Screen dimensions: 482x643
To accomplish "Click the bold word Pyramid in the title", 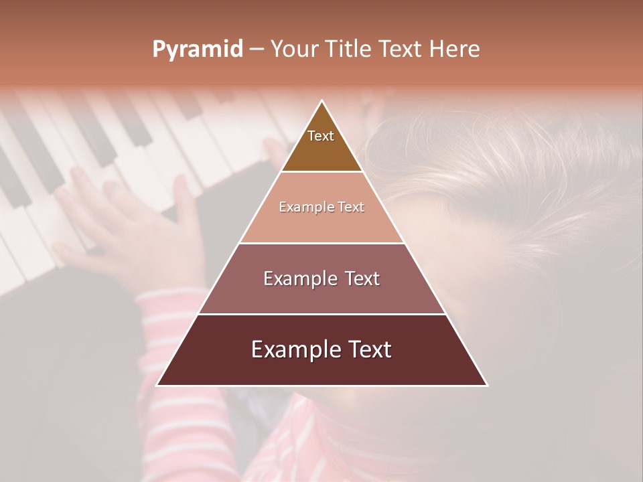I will pos(197,50).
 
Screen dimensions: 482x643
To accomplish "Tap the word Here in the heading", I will pos(454,50).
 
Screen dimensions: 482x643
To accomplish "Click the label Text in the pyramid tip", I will pos(321,136).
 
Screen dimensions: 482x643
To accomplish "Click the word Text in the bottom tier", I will pos(367,349).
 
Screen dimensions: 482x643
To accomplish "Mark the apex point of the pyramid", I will pos(322,101).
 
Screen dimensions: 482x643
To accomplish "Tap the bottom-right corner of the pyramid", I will pos(487,385).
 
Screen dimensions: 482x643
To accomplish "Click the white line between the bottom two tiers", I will pos(321,314).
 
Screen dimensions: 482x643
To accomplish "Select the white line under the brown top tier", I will pos(321,172).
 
